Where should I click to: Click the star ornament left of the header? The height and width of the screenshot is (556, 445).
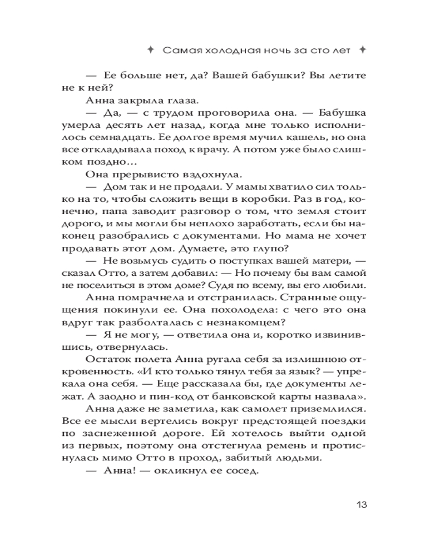pyautogui.click(x=150, y=50)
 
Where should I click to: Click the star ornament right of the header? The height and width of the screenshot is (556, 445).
pyautogui.click(x=363, y=50)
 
